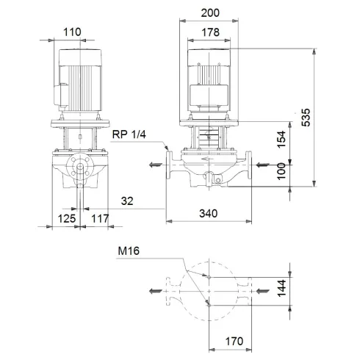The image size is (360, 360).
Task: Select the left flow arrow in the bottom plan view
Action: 154,292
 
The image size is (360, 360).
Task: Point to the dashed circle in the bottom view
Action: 209,263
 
